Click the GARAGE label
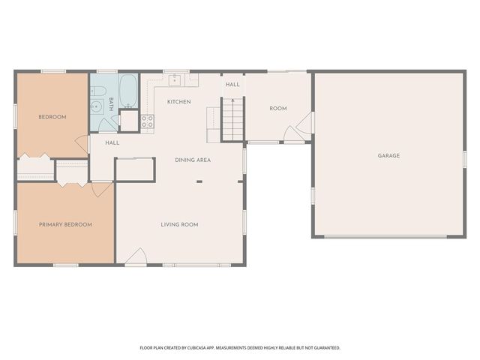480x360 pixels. pyautogui.click(x=388, y=156)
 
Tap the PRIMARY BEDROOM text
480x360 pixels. pyautogui.click(x=65, y=224)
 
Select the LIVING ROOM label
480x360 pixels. pyautogui.click(x=179, y=224)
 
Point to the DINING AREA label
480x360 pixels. pyautogui.click(x=193, y=160)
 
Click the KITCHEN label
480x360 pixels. pyautogui.click(x=178, y=102)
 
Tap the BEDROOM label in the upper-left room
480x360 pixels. pyautogui.click(x=52, y=117)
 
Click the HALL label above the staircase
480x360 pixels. pyautogui.click(x=232, y=85)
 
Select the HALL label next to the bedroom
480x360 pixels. pyautogui.click(x=112, y=142)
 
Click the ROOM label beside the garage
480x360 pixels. pyautogui.click(x=278, y=109)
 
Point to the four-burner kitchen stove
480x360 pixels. pyautogui.click(x=147, y=119)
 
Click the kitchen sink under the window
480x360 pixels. pyautogui.click(x=175, y=79)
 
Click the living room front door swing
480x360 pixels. pyautogui.click(x=136, y=258)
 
